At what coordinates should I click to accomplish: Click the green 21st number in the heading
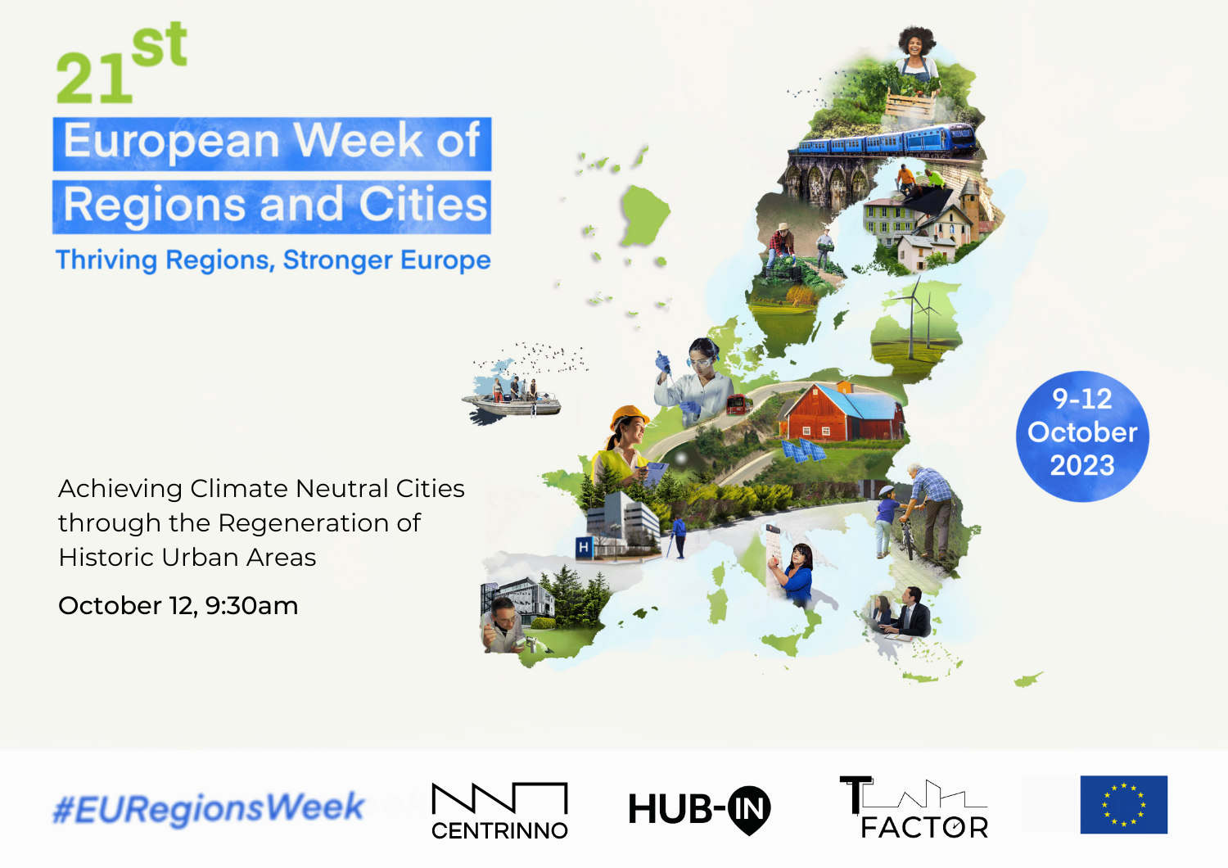point(122,63)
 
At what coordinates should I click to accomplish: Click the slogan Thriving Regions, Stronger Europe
point(273,260)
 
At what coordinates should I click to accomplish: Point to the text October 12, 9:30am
point(178,606)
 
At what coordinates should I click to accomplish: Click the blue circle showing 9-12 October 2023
point(1082,436)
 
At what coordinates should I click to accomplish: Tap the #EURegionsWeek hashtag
point(208,808)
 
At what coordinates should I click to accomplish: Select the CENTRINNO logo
point(499,811)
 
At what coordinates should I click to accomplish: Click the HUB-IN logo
point(699,809)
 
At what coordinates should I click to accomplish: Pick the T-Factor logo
point(914,807)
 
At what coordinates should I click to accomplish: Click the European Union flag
point(1124,804)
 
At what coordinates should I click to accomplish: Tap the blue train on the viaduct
point(883,140)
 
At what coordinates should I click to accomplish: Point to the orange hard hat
point(630,416)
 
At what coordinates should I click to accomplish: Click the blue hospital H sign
point(584,547)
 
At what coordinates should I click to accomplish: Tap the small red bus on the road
point(738,405)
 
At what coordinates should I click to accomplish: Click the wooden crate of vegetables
point(910,104)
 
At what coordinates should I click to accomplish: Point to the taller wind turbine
point(913,318)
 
